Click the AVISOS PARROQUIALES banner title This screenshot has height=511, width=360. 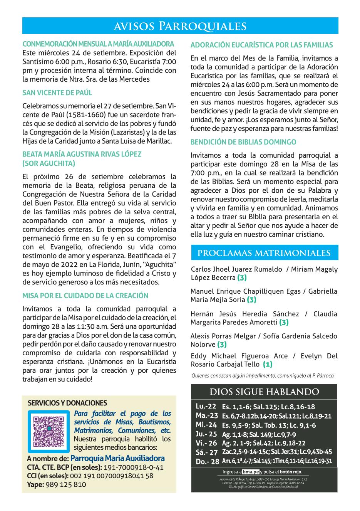(x=180, y=26)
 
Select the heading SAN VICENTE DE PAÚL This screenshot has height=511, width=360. (x=57, y=93)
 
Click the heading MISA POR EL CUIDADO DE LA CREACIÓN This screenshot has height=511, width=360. (x=85, y=296)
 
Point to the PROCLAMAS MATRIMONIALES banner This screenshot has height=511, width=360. (x=264, y=253)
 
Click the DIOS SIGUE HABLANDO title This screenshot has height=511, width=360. (x=264, y=392)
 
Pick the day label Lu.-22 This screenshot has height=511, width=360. (x=206, y=406)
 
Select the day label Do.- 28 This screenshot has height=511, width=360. (x=207, y=461)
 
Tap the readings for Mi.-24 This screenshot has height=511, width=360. (x=269, y=425)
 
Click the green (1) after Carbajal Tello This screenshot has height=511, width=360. (x=268, y=364)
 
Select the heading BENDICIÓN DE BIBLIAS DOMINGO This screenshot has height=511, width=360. (x=243, y=142)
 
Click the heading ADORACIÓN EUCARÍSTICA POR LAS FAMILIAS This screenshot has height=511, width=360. (x=261, y=45)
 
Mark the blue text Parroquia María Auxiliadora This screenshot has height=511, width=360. (x=117, y=459)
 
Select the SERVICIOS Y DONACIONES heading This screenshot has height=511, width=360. (x=67, y=403)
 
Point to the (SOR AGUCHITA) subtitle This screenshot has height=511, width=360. (x=49, y=163)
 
